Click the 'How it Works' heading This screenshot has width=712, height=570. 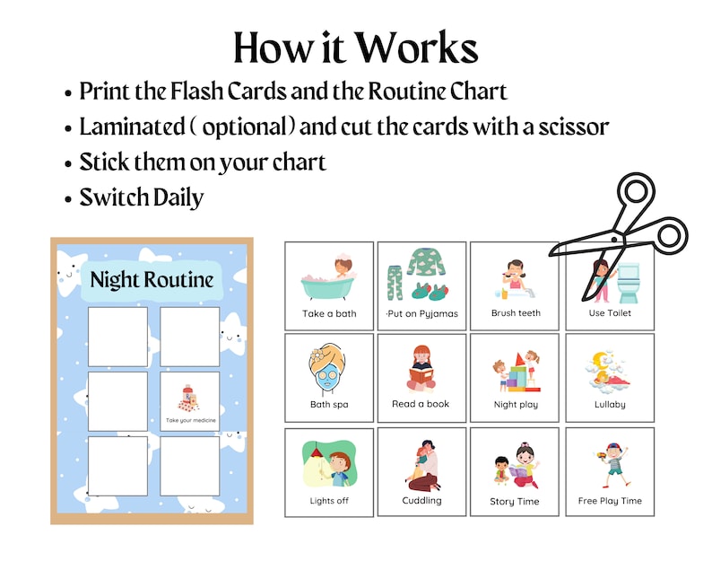coord(355,47)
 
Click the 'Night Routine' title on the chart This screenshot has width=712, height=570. coord(152,279)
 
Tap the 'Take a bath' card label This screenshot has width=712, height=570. coord(329,313)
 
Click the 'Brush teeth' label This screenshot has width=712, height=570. coord(516,313)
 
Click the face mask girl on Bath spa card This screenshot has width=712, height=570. coord(328,368)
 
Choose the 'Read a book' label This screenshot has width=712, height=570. coord(421,404)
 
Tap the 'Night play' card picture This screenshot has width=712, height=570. coord(516,369)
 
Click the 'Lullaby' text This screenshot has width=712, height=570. coord(610,405)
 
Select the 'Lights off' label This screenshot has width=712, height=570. coord(329,501)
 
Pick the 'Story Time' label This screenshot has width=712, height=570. coord(516,502)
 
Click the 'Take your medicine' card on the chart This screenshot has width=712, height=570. coord(190,401)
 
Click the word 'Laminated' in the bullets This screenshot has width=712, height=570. coord(130,127)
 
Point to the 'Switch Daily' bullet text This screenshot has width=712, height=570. coord(142,197)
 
